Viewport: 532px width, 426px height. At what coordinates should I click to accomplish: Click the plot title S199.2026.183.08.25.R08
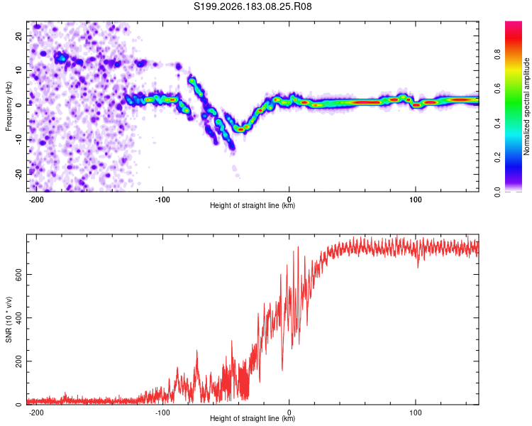[253, 6]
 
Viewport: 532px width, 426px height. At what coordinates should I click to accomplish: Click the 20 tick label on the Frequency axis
[19, 35]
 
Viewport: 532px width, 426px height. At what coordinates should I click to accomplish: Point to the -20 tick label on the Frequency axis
[19, 174]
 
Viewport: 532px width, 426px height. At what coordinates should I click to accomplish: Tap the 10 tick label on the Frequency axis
[19, 70]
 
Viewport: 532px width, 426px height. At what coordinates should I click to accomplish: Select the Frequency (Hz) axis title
[9, 106]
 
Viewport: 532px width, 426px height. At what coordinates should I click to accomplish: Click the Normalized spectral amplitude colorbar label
[526, 106]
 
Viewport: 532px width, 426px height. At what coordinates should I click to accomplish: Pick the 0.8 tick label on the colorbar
[497, 55]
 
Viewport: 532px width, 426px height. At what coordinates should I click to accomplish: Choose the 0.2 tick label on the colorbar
[497, 158]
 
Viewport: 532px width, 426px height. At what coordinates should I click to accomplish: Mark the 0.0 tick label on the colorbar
[497, 192]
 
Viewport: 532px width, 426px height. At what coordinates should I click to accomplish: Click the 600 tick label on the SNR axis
[19, 275]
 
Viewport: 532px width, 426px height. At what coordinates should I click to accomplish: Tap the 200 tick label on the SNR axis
[19, 361]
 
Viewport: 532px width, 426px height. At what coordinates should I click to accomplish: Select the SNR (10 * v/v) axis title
[9, 319]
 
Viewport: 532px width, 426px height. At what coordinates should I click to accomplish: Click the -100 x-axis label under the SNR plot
[162, 413]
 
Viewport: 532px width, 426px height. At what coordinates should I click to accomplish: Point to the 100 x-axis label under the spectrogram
[415, 200]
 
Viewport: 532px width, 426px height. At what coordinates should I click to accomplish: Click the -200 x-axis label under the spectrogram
[36, 200]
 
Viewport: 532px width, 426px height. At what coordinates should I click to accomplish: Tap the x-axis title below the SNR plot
[253, 418]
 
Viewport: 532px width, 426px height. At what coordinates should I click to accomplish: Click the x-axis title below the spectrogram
[253, 205]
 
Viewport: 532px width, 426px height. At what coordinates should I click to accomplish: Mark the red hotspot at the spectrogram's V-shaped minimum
[240, 129]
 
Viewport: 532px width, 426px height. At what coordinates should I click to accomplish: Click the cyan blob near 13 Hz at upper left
[62, 59]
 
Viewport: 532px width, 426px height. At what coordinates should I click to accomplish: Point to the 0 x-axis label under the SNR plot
[289, 413]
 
